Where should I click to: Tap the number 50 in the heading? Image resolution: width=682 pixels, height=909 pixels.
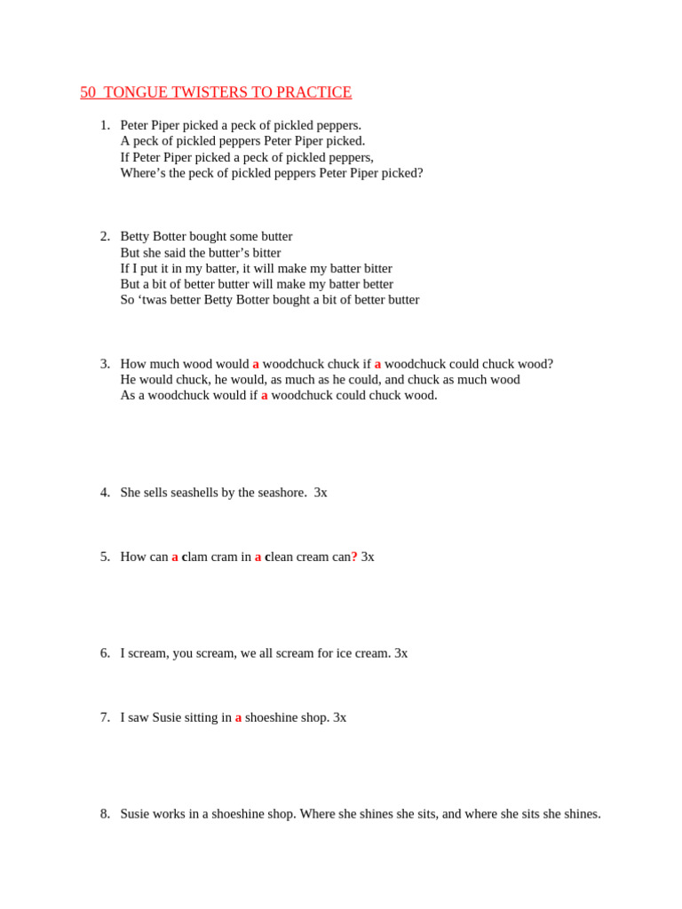pos(87,92)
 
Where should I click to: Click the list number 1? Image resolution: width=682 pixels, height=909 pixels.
pos(105,125)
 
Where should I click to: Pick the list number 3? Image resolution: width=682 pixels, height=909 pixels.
pos(105,364)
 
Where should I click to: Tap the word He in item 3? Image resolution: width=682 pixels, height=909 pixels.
pos(129,380)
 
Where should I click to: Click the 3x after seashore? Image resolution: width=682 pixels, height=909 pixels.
pos(321,493)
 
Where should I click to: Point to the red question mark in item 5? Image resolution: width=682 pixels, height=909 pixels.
pos(354,557)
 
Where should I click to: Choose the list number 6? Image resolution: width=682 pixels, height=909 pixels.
pos(105,653)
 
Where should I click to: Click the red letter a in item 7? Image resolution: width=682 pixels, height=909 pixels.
pos(238,717)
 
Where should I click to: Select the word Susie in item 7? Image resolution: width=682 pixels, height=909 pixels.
pos(167,717)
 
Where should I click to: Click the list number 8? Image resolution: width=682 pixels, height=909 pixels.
pos(105,814)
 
